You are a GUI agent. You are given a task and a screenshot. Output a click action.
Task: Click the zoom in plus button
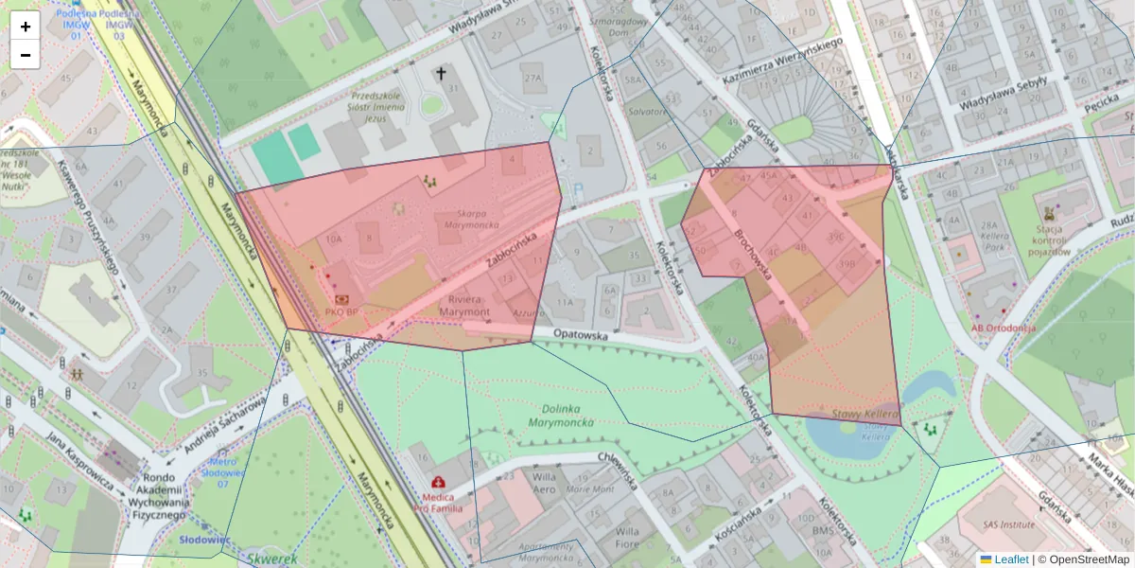[26, 27]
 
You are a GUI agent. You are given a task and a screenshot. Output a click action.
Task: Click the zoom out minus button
[26, 55]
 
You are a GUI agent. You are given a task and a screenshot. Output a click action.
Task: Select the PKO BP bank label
[340, 311]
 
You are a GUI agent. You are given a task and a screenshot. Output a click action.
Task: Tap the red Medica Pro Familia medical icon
[437, 481]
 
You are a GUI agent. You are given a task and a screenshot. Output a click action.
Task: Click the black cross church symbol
[440, 73]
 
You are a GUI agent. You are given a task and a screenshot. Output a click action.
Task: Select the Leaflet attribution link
[1011, 559]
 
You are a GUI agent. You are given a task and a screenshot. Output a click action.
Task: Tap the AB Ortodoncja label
[1003, 328]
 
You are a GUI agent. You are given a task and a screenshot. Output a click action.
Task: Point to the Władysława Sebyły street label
[1004, 94]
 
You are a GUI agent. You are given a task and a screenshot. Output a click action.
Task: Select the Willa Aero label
[545, 483]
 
